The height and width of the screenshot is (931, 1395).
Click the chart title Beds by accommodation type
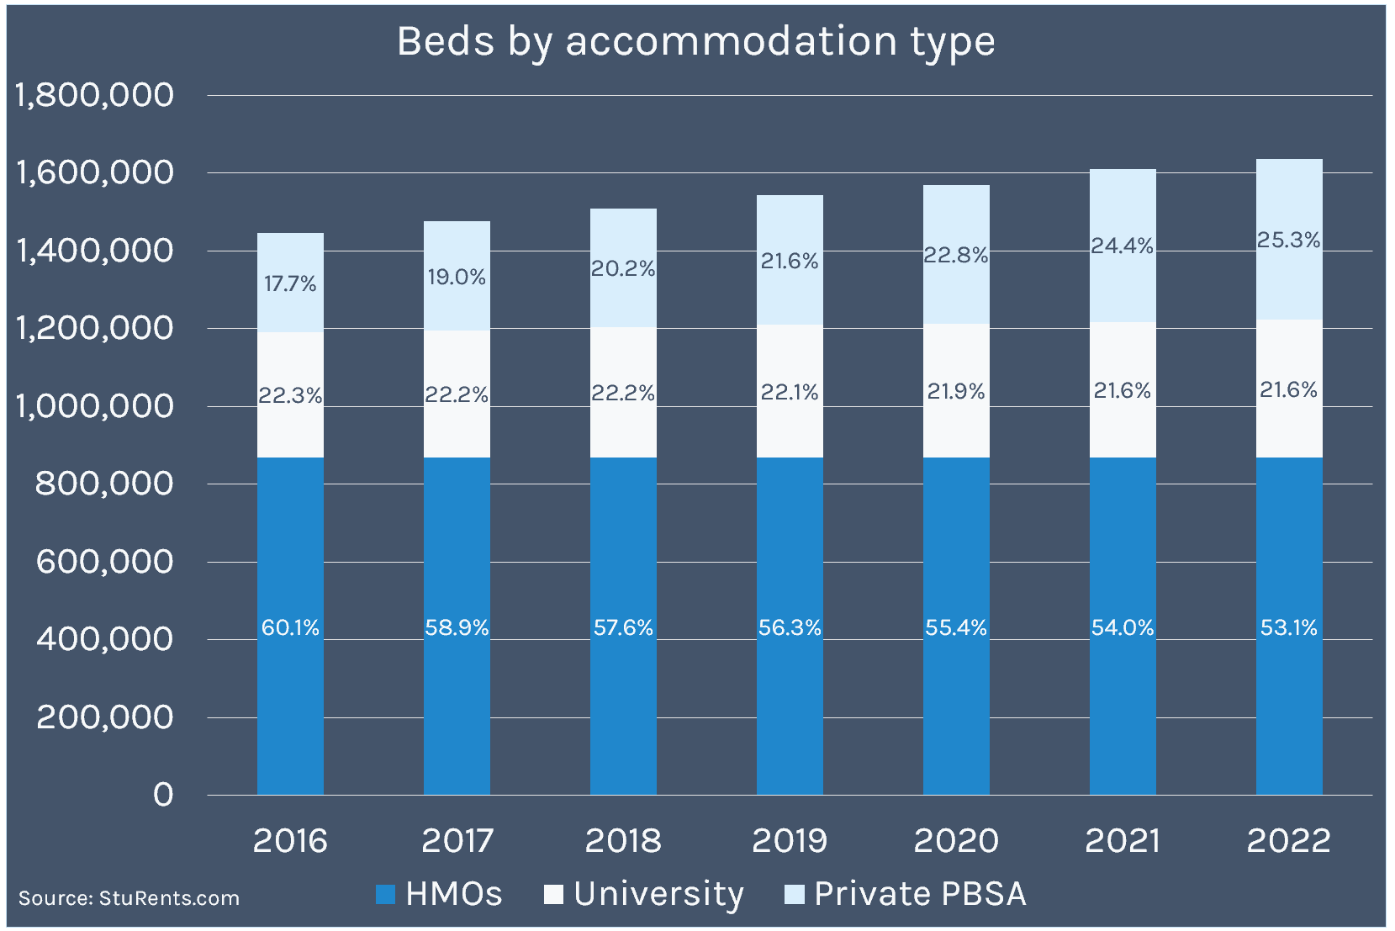tap(695, 42)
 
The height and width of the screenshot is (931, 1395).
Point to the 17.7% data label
tap(290, 283)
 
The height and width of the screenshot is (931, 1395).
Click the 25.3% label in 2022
tap(1288, 241)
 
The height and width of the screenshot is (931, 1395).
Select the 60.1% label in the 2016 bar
tap(290, 627)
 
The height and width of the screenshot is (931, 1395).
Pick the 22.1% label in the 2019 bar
tap(790, 392)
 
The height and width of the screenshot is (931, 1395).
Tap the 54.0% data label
tap(1123, 627)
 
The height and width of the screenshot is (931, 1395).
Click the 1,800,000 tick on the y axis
tap(94, 95)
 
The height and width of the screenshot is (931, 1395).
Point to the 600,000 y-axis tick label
tap(104, 562)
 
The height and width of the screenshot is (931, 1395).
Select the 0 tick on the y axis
tap(163, 795)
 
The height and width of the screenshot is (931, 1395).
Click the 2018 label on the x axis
tap(623, 840)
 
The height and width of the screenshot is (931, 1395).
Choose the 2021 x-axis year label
tap(1123, 840)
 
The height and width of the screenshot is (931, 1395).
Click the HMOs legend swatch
tap(386, 894)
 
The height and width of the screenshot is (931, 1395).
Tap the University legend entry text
tap(658, 894)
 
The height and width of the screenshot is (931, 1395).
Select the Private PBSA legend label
tap(920, 894)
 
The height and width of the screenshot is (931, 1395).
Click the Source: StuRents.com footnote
tap(129, 898)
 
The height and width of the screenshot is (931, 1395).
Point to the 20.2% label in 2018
tap(623, 268)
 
